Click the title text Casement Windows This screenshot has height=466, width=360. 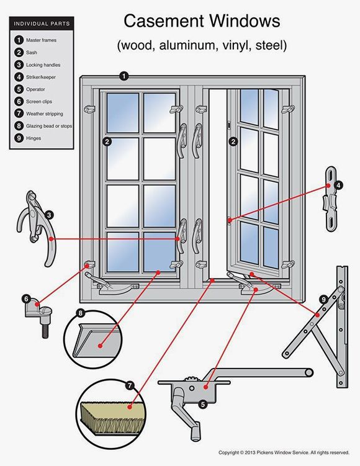pos(201,21)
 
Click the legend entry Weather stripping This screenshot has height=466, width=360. pos(44,114)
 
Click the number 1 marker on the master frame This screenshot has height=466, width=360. pos(124,76)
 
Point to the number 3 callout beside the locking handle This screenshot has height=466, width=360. pos(48,215)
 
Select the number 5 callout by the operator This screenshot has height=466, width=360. pos(202,404)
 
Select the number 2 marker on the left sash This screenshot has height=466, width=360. pos(107,141)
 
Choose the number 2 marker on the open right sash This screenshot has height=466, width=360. pos(233,141)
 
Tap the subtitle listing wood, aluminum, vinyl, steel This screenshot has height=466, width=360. pos(201,45)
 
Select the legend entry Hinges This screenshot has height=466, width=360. pos(34,138)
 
